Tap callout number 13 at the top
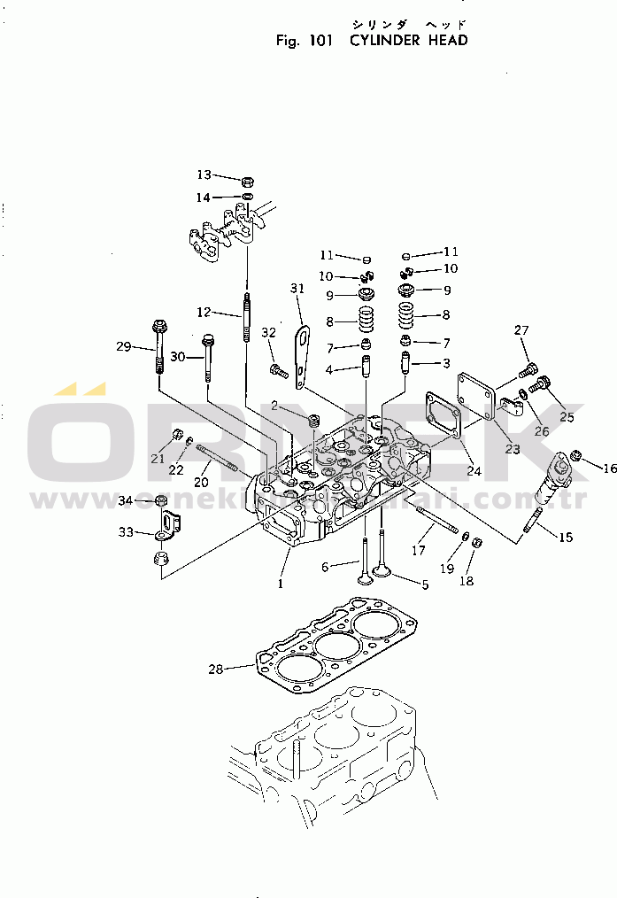pos(204,174)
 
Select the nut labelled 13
pos(248,182)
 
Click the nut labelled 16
pos(576,455)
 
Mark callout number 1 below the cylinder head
pos(281,584)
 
